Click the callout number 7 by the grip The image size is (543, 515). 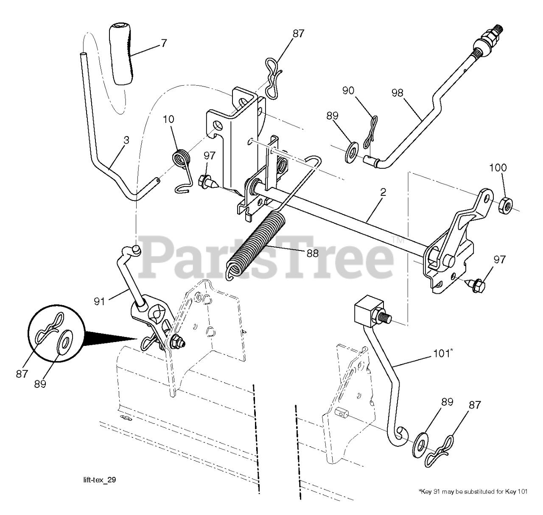pos(164,42)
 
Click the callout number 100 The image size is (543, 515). pos(498,167)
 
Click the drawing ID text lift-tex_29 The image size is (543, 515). pos(99,480)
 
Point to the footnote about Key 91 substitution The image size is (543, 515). pos(473,492)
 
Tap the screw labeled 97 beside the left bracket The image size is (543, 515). pos(208,182)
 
